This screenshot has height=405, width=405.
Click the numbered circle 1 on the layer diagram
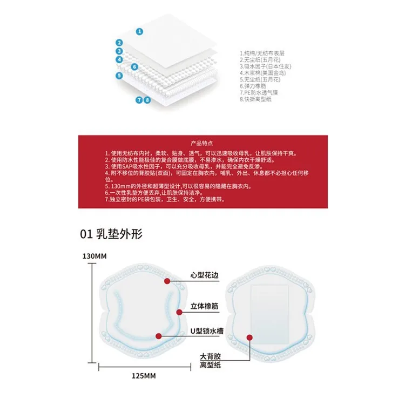coord(139,31)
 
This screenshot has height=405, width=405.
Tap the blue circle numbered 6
coord(135,67)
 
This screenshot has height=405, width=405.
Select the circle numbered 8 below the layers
coord(147,100)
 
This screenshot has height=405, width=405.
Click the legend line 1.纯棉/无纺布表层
coord(262,53)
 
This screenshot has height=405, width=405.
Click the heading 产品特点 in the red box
coord(202,144)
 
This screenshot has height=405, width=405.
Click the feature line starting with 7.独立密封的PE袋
coord(172,199)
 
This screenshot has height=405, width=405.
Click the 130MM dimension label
coord(94,256)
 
